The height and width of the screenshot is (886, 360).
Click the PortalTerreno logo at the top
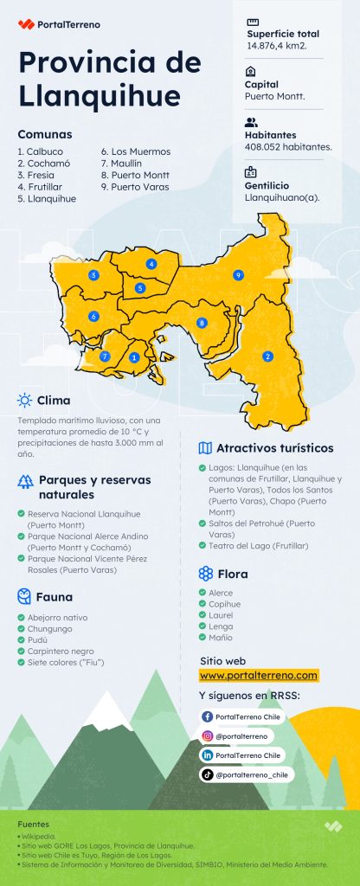click(58, 24)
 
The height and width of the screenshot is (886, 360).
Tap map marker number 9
click(237, 275)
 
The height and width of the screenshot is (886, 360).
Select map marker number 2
click(267, 356)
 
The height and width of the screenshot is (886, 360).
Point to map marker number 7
click(105, 356)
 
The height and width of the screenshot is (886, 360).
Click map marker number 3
click(93, 275)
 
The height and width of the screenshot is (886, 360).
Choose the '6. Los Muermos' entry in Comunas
click(135, 151)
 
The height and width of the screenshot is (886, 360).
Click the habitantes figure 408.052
click(288, 147)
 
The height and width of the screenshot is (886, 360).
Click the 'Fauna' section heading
click(54, 597)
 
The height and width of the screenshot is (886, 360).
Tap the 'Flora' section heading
click(232, 574)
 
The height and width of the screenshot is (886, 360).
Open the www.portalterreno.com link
click(259, 675)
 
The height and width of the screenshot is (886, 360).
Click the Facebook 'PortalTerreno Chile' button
click(241, 717)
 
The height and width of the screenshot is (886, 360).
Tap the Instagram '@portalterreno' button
click(236, 736)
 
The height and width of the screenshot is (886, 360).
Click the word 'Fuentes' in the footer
click(33, 825)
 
